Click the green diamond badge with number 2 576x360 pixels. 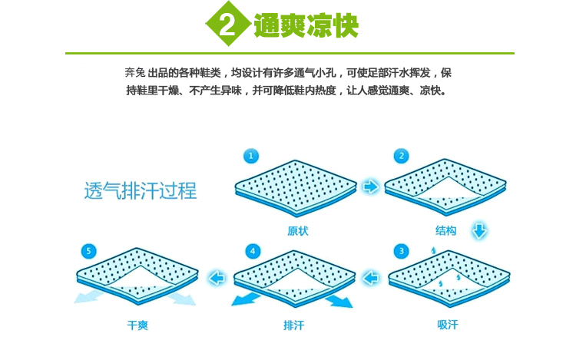227,26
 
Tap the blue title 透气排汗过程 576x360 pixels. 141,190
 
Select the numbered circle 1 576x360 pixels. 251,157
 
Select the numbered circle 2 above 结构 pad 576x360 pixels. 399,157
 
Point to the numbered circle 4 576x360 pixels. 253,252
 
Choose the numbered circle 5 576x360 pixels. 91,252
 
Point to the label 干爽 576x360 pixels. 137,325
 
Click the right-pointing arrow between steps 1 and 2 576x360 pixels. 371,187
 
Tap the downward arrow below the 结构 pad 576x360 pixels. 479,230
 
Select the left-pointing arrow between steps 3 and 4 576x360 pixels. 372,277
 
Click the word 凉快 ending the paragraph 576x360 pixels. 432,90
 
